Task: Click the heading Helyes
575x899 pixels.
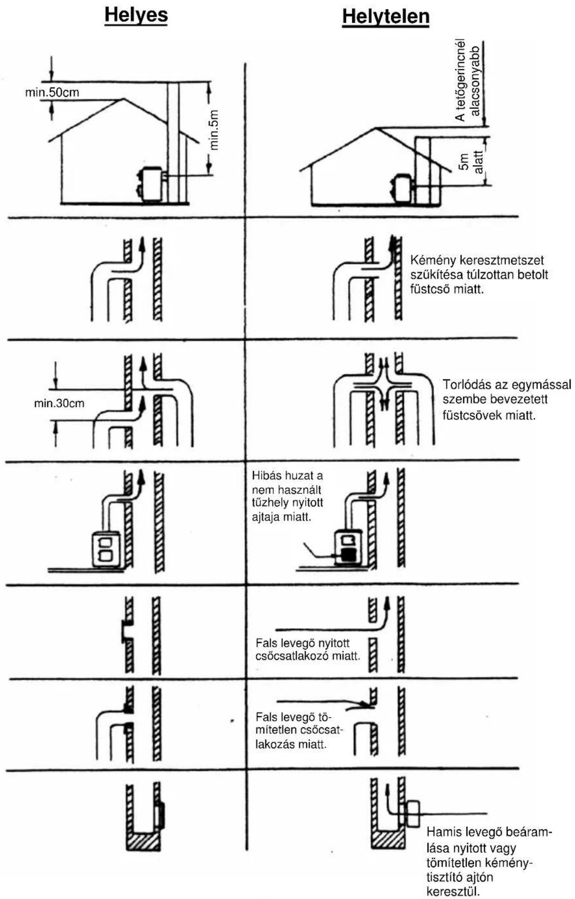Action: tap(136, 15)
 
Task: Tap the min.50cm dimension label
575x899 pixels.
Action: tap(52, 92)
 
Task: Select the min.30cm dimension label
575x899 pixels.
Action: tap(59, 403)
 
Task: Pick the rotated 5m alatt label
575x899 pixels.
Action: tap(471, 162)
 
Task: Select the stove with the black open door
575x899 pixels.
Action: tap(349, 547)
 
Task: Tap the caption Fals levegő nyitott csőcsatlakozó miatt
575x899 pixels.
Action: tap(308, 650)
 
